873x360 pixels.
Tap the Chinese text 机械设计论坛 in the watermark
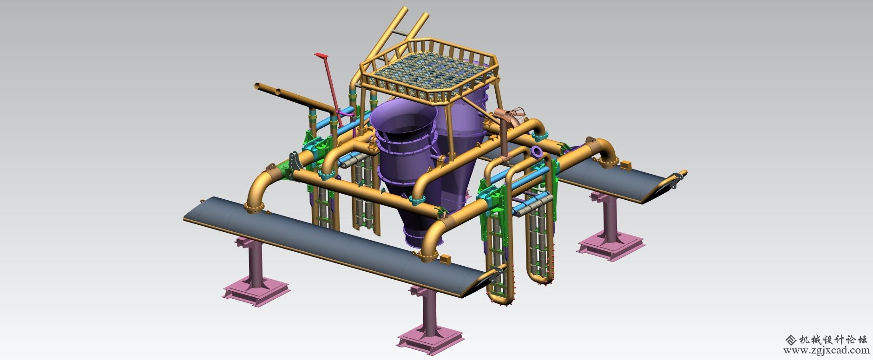tap(831, 339)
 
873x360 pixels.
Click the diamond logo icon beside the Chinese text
tap(789, 339)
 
